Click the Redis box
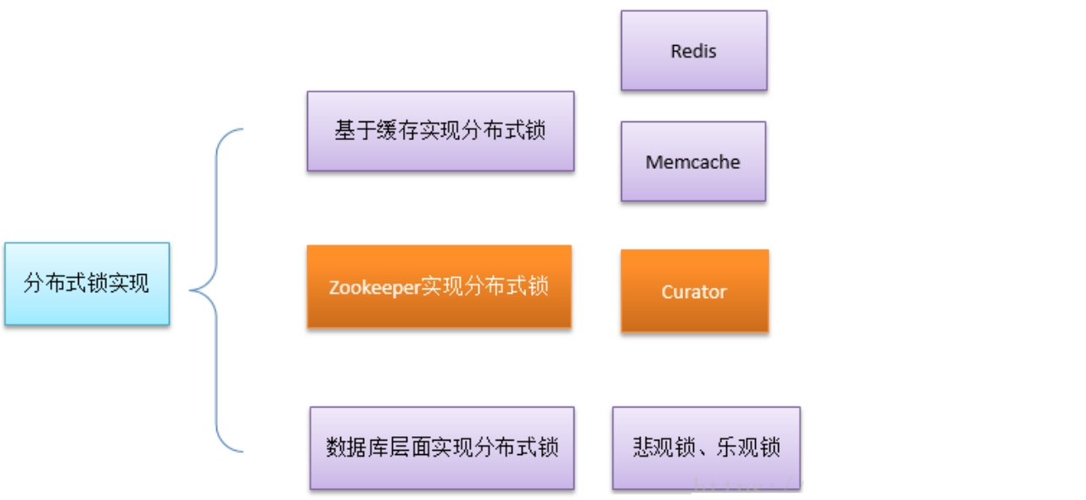pyautogui.click(x=694, y=51)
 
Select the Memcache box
pyautogui.click(x=693, y=161)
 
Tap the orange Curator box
pyautogui.click(x=694, y=291)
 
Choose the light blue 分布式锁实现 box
pyautogui.click(x=87, y=284)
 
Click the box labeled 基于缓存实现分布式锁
pyautogui.click(x=440, y=132)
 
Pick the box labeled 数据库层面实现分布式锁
pyautogui.click(x=441, y=447)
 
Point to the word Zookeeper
pyautogui.click(x=374, y=287)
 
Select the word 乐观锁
pyautogui.click(x=747, y=447)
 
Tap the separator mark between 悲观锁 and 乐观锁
pyautogui.click(x=706, y=453)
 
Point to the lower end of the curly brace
pyautogui.click(x=243, y=450)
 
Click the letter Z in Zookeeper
pyautogui.click(x=334, y=287)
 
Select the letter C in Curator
pyautogui.click(x=667, y=292)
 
